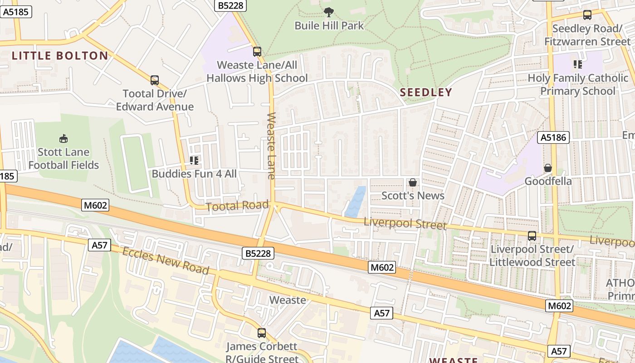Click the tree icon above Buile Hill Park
329,12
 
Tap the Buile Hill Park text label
329,25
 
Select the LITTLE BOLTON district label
60,56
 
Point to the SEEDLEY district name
426,93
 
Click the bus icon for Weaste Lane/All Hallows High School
257,52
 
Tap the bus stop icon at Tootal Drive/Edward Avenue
155,80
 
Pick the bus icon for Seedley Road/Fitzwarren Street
587,15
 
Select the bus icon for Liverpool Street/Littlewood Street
532,236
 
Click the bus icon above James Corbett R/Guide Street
262,333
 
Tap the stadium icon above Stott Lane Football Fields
63,138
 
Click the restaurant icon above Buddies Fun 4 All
194,160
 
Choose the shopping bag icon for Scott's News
413,182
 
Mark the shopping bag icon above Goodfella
548,168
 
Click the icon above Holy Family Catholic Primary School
577,64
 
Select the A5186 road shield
553,137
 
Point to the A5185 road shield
17,12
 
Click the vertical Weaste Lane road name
271,146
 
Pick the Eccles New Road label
166,261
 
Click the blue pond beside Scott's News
356,201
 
